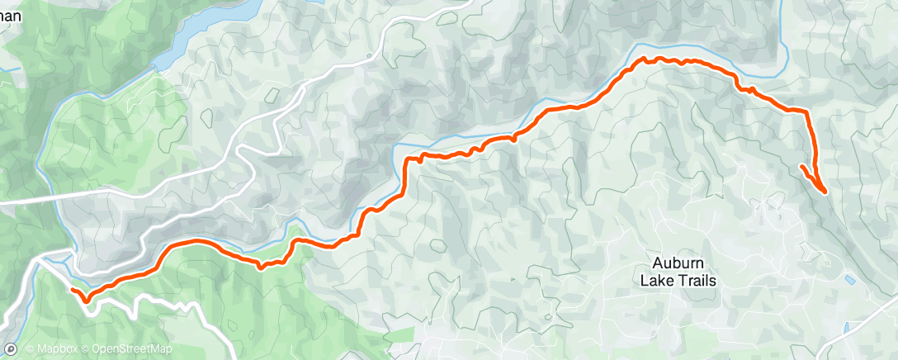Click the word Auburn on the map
tap(678, 263)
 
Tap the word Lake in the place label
tap(657, 280)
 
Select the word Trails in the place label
tap(695, 280)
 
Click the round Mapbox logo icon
tap(11, 349)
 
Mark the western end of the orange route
tap(73, 291)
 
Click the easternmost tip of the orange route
tap(825, 192)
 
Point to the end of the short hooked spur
tap(801, 167)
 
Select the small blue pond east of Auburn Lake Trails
tap(850, 280)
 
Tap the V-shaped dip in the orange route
tap(261, 267)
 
